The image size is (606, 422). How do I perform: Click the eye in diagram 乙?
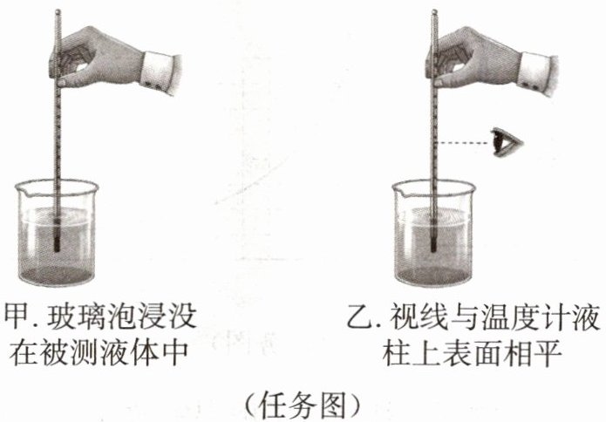click(x=507, y=142)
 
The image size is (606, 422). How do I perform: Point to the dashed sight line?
click(x=463, y=143)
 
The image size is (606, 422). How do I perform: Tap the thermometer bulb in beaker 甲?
click(x=58, y=245)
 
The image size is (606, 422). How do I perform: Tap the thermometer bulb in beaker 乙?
click(x=433, y=245)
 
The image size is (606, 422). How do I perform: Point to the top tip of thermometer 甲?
click(x=58, y=10)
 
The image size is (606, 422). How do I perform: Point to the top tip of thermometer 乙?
click(x=434, y=10)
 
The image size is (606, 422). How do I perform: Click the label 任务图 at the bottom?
click(x=303, y=405)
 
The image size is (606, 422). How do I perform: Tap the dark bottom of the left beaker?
click(x=57, y=276)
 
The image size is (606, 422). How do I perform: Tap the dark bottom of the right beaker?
click(x=433, y=276)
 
